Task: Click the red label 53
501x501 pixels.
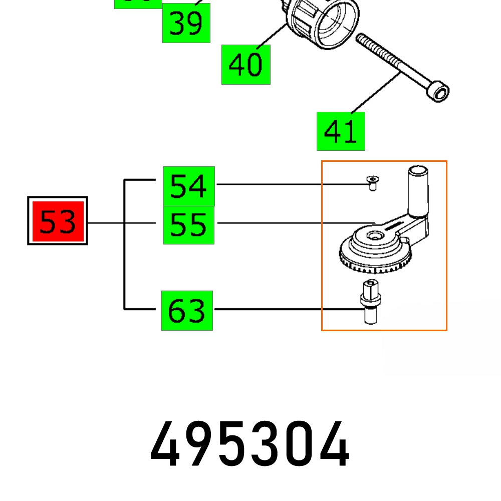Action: click(x=57, y=220)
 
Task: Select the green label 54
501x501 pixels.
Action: click(x=189, y=186)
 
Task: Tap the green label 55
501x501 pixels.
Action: click(x=189, y=225)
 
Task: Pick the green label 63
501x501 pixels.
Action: click(x=187, y=311)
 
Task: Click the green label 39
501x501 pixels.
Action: click(x=186, y=23)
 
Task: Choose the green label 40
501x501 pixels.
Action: click(x=245, y=65)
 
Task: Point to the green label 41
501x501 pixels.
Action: click(x=341, y=131)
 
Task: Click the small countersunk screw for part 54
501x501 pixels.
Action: click(x=371, y=183)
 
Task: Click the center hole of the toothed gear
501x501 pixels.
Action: click(x=373, y=235)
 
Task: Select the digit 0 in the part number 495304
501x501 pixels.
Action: click(x=292, y=444)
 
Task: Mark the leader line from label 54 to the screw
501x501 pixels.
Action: click(x=291, y=184)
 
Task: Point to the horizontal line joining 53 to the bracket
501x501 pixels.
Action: click(x=105, y=223)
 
